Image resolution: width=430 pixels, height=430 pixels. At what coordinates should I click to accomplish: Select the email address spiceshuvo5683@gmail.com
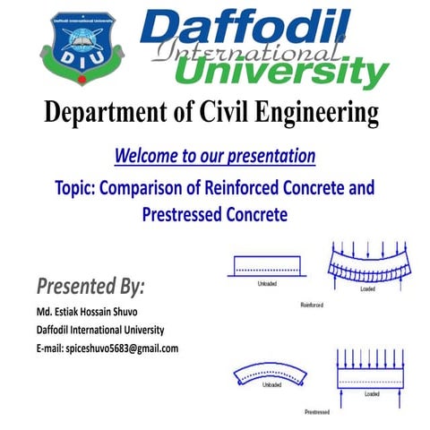[x=104, y=348]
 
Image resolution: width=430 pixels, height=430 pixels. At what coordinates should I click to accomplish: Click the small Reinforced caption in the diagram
[x=311, y=305]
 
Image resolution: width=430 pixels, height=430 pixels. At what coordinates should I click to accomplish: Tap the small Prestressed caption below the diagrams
[x=318, y=412]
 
